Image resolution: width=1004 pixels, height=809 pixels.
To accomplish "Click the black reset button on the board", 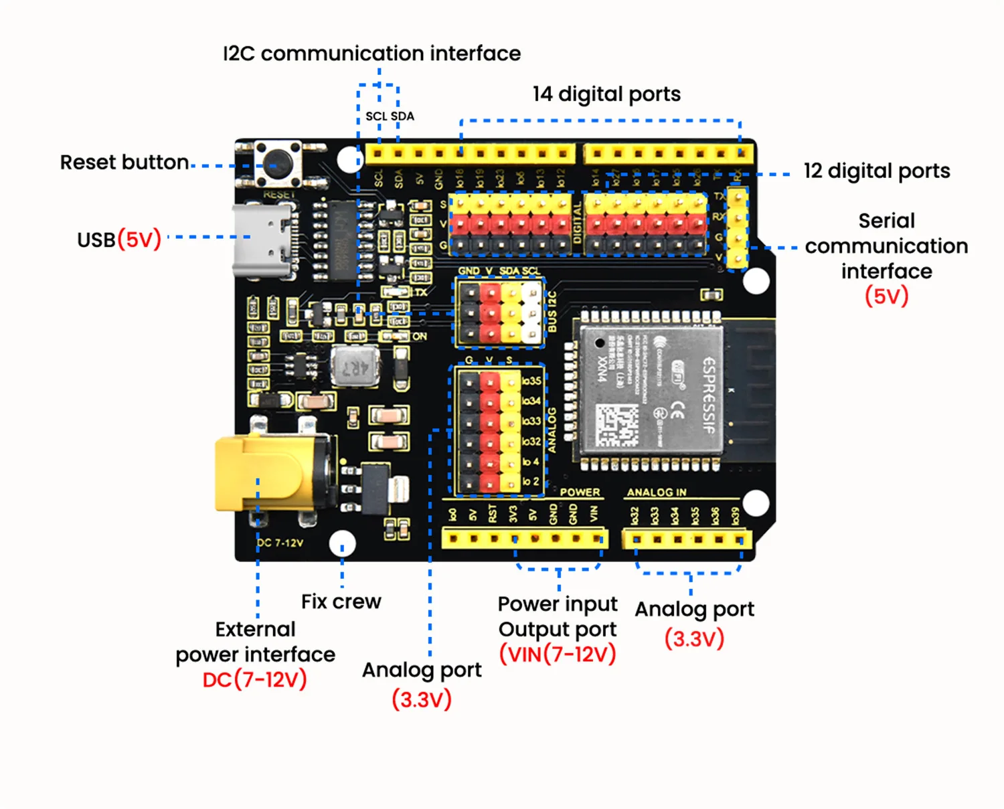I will (x=277, y=163).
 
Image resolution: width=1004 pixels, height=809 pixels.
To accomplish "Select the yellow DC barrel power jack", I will (x=268, y=474).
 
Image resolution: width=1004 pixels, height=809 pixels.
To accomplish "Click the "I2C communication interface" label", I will (x=371, y=54).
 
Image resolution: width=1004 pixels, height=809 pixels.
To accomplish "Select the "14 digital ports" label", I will (x=606, y=94).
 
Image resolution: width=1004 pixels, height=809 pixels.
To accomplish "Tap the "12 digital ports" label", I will (x=876, y=171).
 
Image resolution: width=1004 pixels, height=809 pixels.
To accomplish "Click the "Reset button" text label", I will (x=124, y=163).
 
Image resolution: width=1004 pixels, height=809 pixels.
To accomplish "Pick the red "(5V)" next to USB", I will (x=139, y=240).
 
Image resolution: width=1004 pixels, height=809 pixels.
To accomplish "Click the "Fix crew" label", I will (x=341, y=602).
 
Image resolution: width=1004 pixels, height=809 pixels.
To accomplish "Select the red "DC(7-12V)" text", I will (x=254, y=680).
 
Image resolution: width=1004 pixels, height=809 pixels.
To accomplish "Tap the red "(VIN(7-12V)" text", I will (x=558, y=654).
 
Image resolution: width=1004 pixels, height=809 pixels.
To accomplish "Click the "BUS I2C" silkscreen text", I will (x=552, y=312).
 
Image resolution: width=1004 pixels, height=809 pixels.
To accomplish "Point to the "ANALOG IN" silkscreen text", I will (x=656, y=492).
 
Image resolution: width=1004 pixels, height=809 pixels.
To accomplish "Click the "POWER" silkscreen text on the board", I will (x=580, y=492).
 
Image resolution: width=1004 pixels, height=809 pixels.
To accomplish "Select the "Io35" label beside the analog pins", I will (x=531, y=381).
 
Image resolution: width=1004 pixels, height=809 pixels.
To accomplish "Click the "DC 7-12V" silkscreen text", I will (x=280, y=543).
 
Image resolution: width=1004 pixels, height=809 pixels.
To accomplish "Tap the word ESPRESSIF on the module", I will (x=709, y=395).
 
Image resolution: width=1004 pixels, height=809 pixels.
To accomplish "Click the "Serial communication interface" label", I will (x=886, y=246).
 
